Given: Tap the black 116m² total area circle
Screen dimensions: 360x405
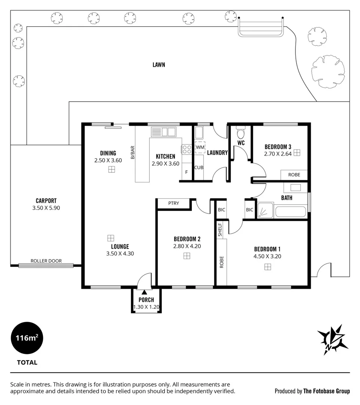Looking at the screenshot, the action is tap(27, 338).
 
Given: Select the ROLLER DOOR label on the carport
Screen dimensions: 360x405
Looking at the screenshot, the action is tap(46, 261).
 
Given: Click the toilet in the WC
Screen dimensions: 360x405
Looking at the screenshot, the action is tap(241, 133).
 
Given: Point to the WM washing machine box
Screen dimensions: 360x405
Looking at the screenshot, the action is tap(200, 147).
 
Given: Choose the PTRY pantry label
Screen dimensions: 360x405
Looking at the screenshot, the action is tap(173, 203).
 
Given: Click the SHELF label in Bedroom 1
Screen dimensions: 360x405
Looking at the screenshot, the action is tap(220, 229).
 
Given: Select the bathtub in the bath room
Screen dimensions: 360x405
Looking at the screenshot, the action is tap(291, 212).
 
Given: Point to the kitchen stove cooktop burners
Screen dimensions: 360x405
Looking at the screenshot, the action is tap(187, 150).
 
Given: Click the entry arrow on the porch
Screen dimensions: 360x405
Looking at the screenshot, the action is tap(145, 292).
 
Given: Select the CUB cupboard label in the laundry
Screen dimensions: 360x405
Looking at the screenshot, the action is tap(199, 167).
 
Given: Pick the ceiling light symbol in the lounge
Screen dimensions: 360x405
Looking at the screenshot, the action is tap(110, 238).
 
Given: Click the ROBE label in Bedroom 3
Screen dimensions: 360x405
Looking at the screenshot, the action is tap(294, 175).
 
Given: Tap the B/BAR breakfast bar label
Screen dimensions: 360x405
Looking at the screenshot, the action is tap(133, 152).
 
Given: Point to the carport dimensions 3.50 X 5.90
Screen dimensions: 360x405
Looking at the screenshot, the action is tap(46, 208).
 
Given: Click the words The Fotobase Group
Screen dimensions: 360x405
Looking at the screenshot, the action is tap(326, 391).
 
